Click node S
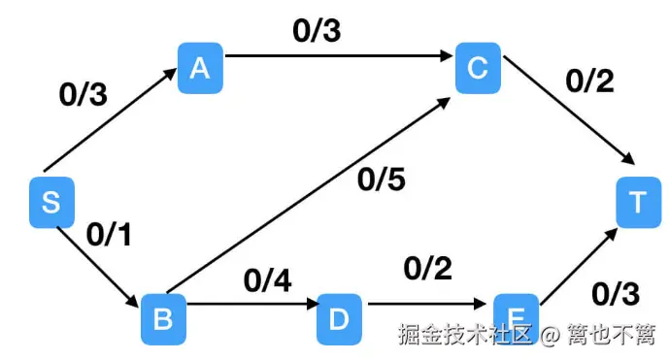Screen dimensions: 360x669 [x=51, y=202]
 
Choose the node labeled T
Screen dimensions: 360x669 [x=638, y=202]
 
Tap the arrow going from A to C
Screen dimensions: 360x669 [x=339, y=57]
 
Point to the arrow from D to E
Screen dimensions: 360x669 [x=427, y=306]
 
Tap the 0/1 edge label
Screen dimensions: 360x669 [x=110, y=234]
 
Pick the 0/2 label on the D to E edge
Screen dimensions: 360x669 [x=427, y=266]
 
